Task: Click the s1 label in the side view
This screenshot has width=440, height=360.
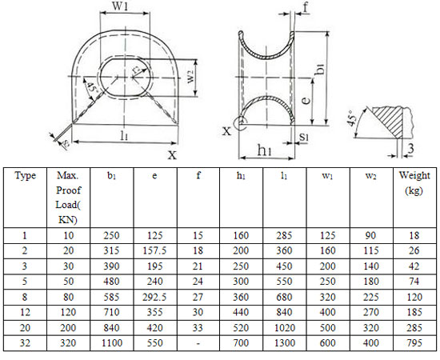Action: pos(305,138)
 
